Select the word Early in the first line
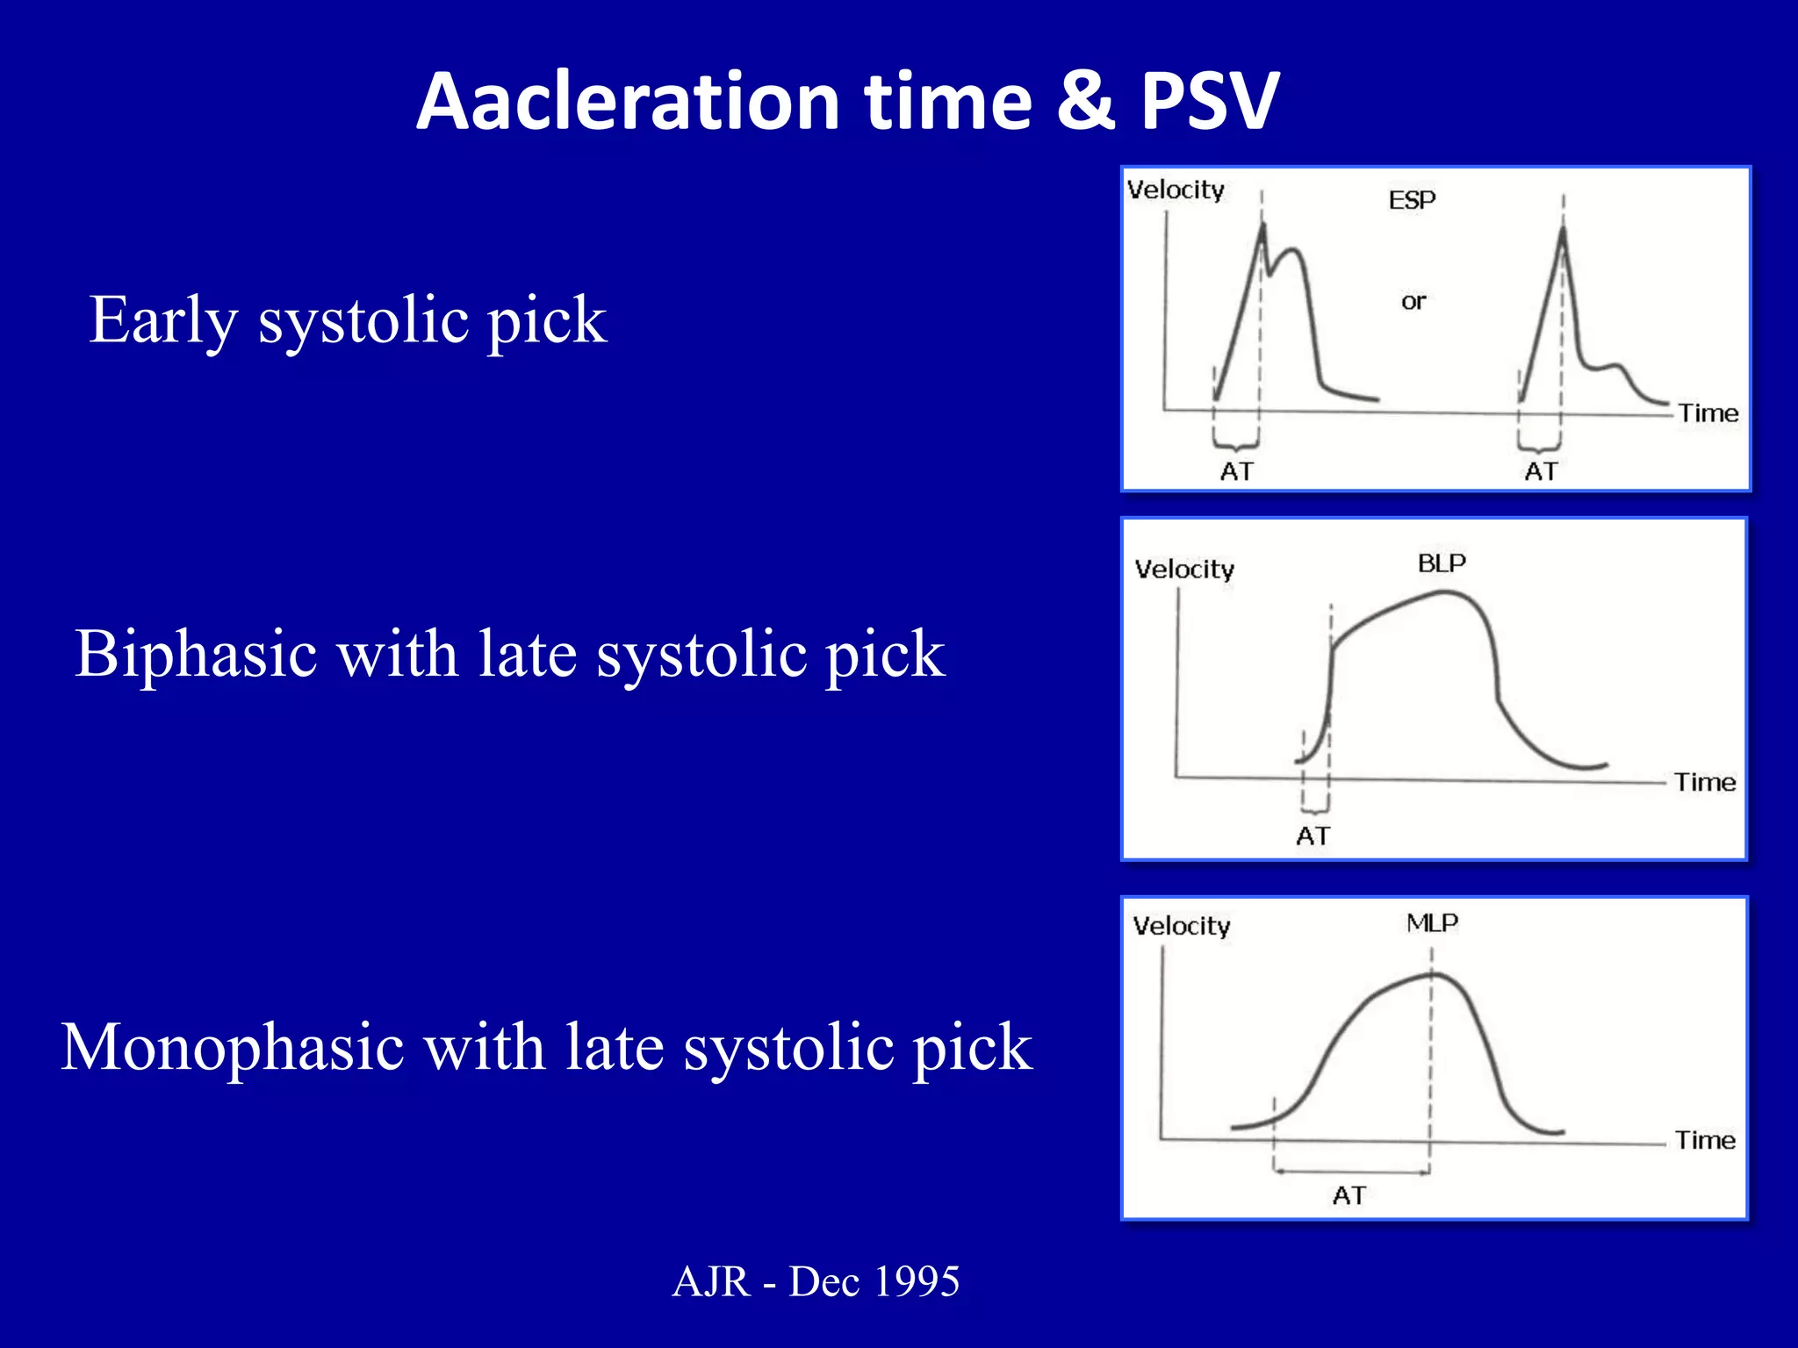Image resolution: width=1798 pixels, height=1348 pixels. (x=163, y=320)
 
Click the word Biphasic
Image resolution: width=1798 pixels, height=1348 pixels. (x=196, y=655)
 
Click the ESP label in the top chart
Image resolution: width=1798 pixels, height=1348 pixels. (x=1412, y=200)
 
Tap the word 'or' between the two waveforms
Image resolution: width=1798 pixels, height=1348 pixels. (x=1413, y=302)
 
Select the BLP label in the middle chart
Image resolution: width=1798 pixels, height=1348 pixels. (x=1442, y=563)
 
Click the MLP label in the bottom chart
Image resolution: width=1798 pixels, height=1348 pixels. (x=1432, y=922)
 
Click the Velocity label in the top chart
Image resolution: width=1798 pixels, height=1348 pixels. (x=1176, y=190)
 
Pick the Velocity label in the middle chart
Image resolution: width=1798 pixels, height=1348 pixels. (x=1184, y=570)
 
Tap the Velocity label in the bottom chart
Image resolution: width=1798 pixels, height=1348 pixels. (x=1182, y=926)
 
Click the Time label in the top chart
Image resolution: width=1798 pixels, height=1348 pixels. (x=1708, y=412)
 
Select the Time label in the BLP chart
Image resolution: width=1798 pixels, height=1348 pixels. (x=1705, y=782)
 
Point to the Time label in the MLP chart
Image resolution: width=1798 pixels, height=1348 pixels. (x=1706, y=1140)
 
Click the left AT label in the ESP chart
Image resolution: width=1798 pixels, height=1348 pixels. (x=1236, y=471)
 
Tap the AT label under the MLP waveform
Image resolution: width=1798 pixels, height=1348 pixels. (x=1349, y=1195)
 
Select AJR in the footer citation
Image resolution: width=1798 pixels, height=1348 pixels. (x=711, y=1281)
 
